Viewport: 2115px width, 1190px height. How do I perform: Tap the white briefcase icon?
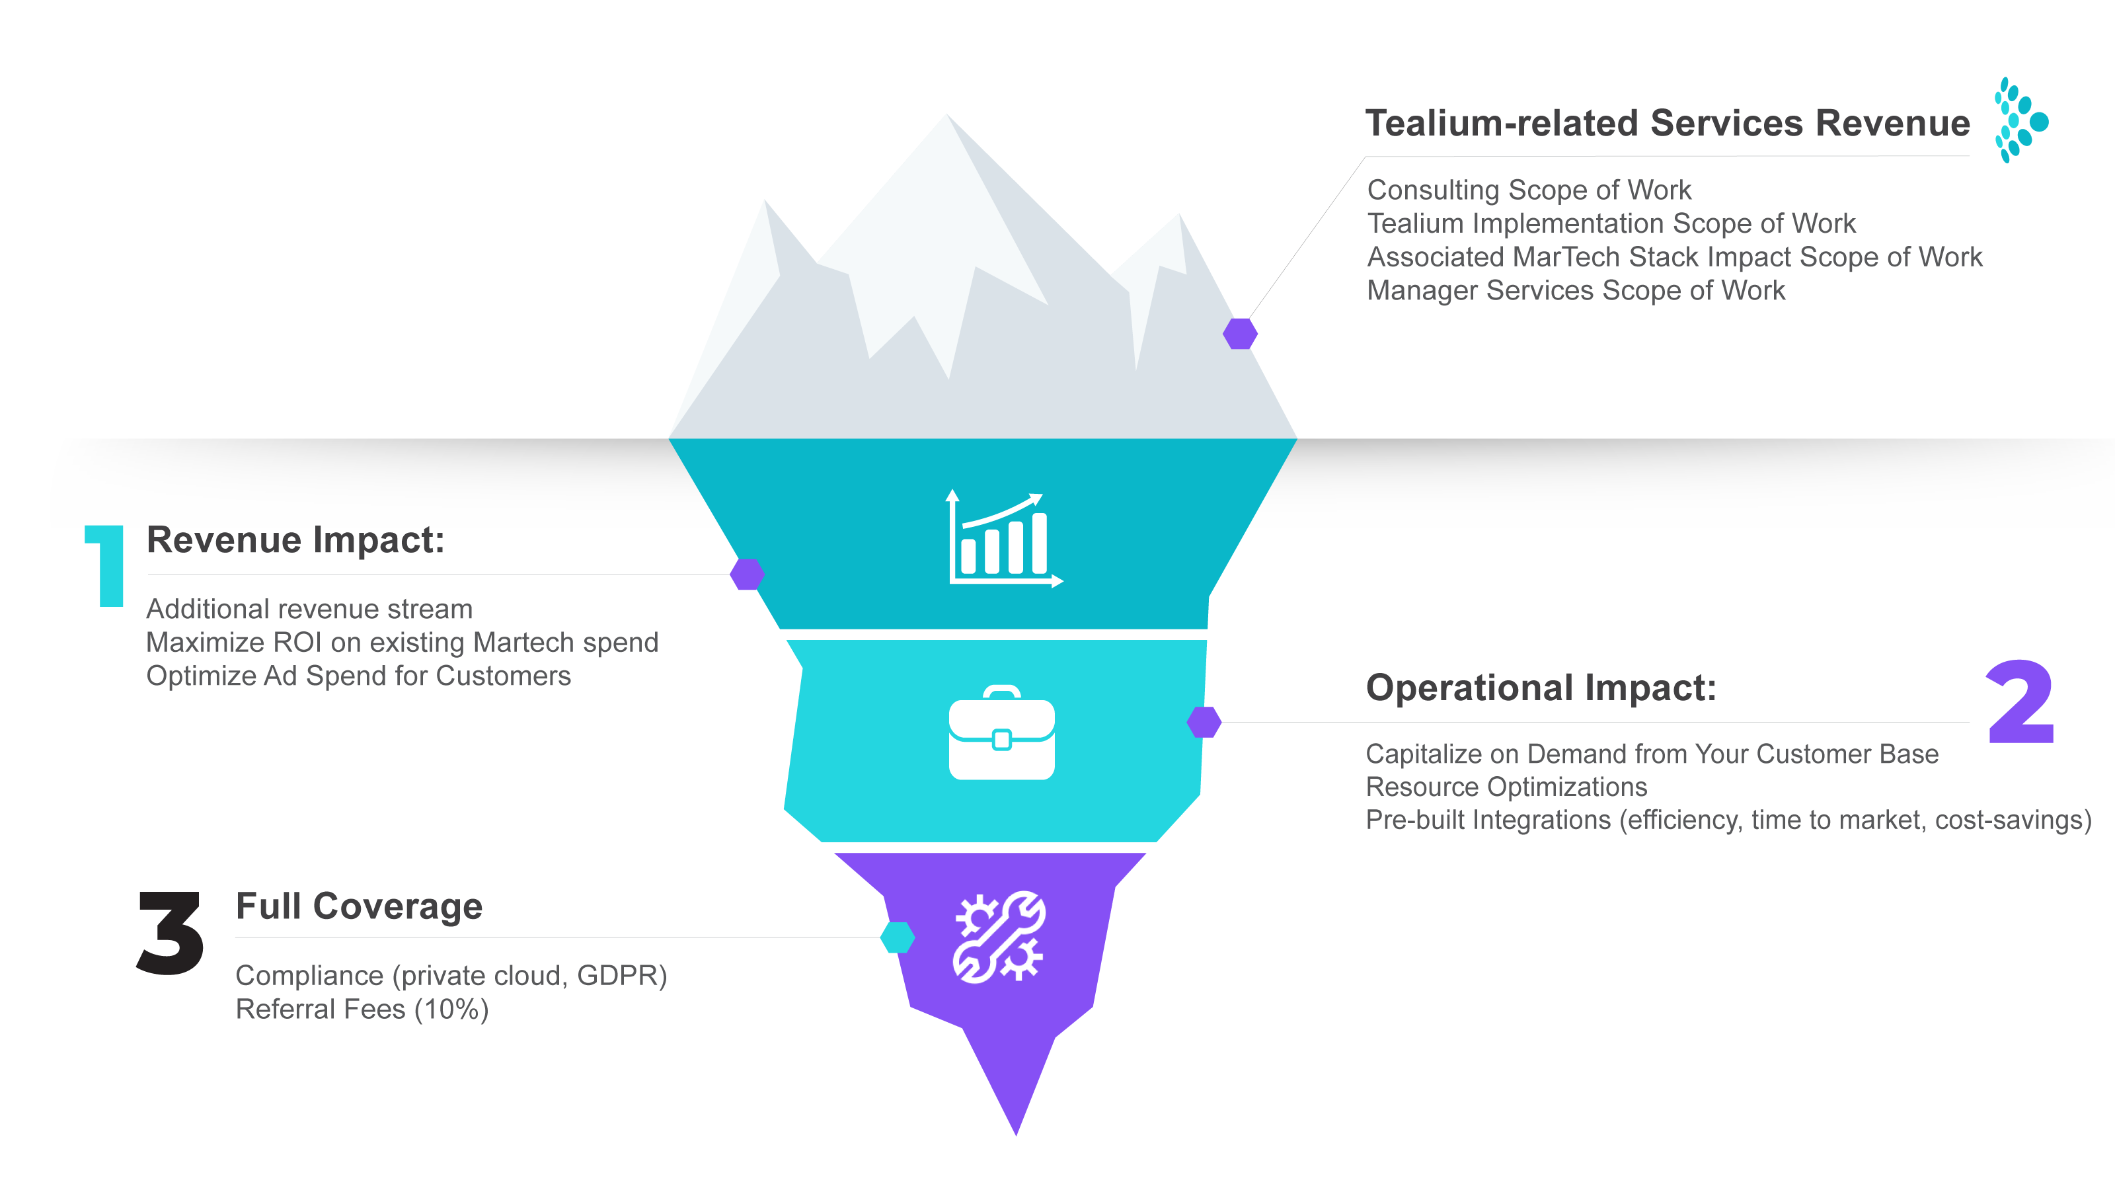coord(1002,733)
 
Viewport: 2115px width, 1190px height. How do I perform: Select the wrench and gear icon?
coord(999,936)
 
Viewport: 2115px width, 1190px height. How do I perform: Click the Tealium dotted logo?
coord(2020,121)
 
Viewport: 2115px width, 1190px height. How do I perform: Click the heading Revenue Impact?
coord(295,540)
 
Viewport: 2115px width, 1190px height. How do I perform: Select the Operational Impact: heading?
coord(1540,688)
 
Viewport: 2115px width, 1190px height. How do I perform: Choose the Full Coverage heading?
coord(359,906)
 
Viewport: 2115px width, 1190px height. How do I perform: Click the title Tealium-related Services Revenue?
coord(1667,123)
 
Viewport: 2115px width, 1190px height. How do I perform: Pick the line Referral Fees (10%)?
coord(362,1010)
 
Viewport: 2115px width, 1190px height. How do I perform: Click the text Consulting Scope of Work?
coord(1529,190)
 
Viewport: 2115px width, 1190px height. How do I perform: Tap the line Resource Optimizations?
coord(1506,787)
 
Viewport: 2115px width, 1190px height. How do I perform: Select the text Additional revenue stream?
coord(309,610)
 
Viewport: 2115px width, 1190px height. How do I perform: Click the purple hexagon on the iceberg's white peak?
coord(1240,333)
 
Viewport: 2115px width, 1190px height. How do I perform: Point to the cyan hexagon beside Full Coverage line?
coord(898,937)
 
